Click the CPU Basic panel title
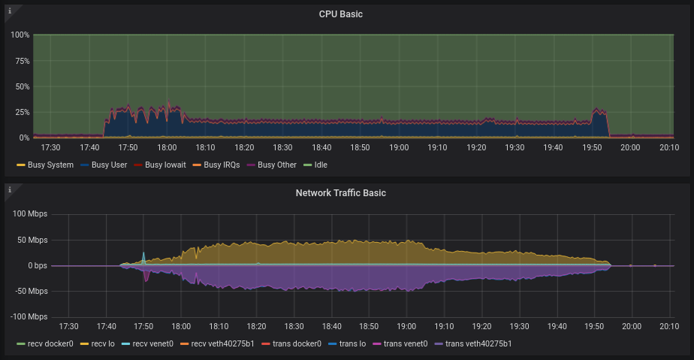point(340,14)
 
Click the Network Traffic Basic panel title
point(340,193)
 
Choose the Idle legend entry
point(320,165)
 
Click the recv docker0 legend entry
point(47,343)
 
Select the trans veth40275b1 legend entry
point(478,343)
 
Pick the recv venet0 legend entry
point(152,343)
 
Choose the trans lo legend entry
point(351,343)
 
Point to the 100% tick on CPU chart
point(20,35)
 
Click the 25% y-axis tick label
point(21,112)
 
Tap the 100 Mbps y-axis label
point(30,214)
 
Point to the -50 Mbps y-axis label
point(30,291)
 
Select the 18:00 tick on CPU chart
point(167,148)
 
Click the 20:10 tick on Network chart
point(669,327)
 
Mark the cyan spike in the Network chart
point(143,256)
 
